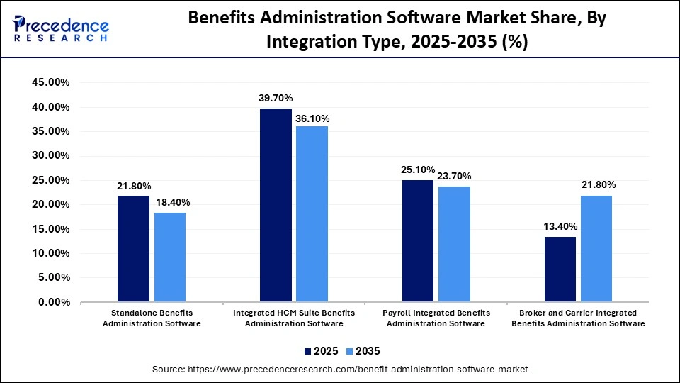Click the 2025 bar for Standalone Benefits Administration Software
(133, 248)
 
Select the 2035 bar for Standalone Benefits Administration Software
(170, 257)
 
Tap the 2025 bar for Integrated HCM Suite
(276, 205)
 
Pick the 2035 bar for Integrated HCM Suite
(312, 213)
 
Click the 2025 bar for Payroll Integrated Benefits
(418, 240)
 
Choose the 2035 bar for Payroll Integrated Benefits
(454, 244)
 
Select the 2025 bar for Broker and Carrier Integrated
(560, 269)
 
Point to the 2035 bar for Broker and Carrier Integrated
(596, 248)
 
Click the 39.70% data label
(276, 98)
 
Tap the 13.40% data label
(560, 226)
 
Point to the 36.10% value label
(312, 119)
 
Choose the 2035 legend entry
(363, 351)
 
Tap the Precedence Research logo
(61, 28)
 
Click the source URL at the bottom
(340, 370)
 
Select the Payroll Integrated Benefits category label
(436, 318)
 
